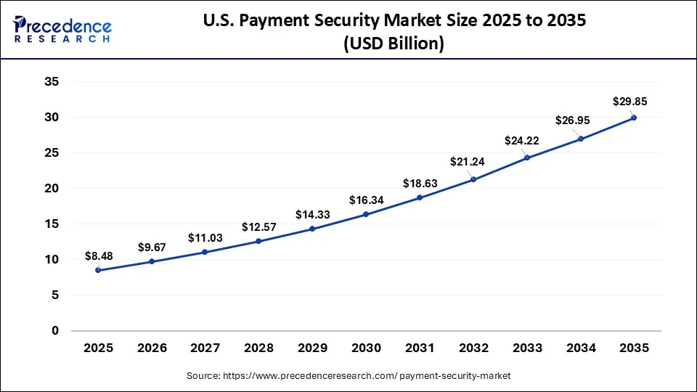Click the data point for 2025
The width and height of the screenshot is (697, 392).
tap(98, 270)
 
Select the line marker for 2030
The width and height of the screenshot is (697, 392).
tap(366, 214)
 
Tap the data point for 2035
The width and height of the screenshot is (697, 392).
tap(634, 118)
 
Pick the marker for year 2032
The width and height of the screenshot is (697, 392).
tap(473, 179)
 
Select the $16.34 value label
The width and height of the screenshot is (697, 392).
tap(366, 199)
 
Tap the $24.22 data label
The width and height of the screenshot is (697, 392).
tap(521, 140)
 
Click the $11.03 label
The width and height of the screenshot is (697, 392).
tap(205, 237)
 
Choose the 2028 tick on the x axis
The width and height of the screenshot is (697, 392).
tap(258, 348)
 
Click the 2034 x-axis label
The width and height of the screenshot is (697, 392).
tap(580, 348)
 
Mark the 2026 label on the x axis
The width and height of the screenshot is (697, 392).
tap(151, 348)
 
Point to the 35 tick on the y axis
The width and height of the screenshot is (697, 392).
tap(52, 82)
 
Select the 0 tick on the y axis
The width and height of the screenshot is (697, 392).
tap(55, 331)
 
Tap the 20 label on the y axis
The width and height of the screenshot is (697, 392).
tap(52, 189)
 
